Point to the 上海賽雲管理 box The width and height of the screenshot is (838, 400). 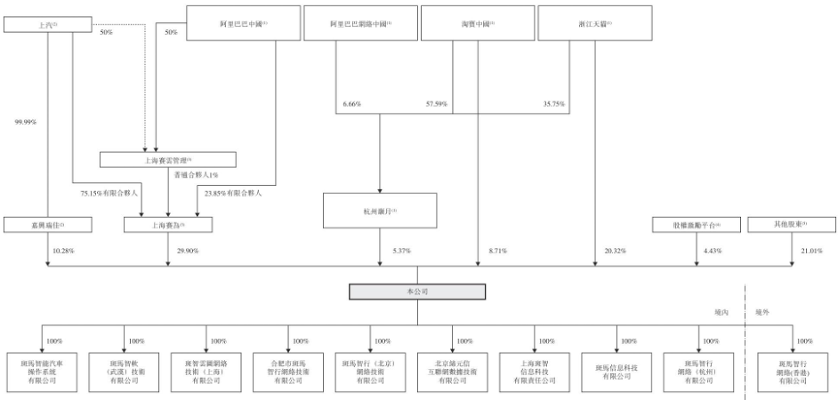[x=168, y=160]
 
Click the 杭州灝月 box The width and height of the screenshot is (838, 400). [x=381, y=212]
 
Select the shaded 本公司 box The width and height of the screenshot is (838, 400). [x=416, y=292]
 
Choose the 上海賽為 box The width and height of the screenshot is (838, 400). [x=168, y=226]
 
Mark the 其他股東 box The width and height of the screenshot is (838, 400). [x=792, y=226]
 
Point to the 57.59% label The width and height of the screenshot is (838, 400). [x=436, y=105]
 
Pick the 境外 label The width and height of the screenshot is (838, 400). [x=763, y=312]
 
